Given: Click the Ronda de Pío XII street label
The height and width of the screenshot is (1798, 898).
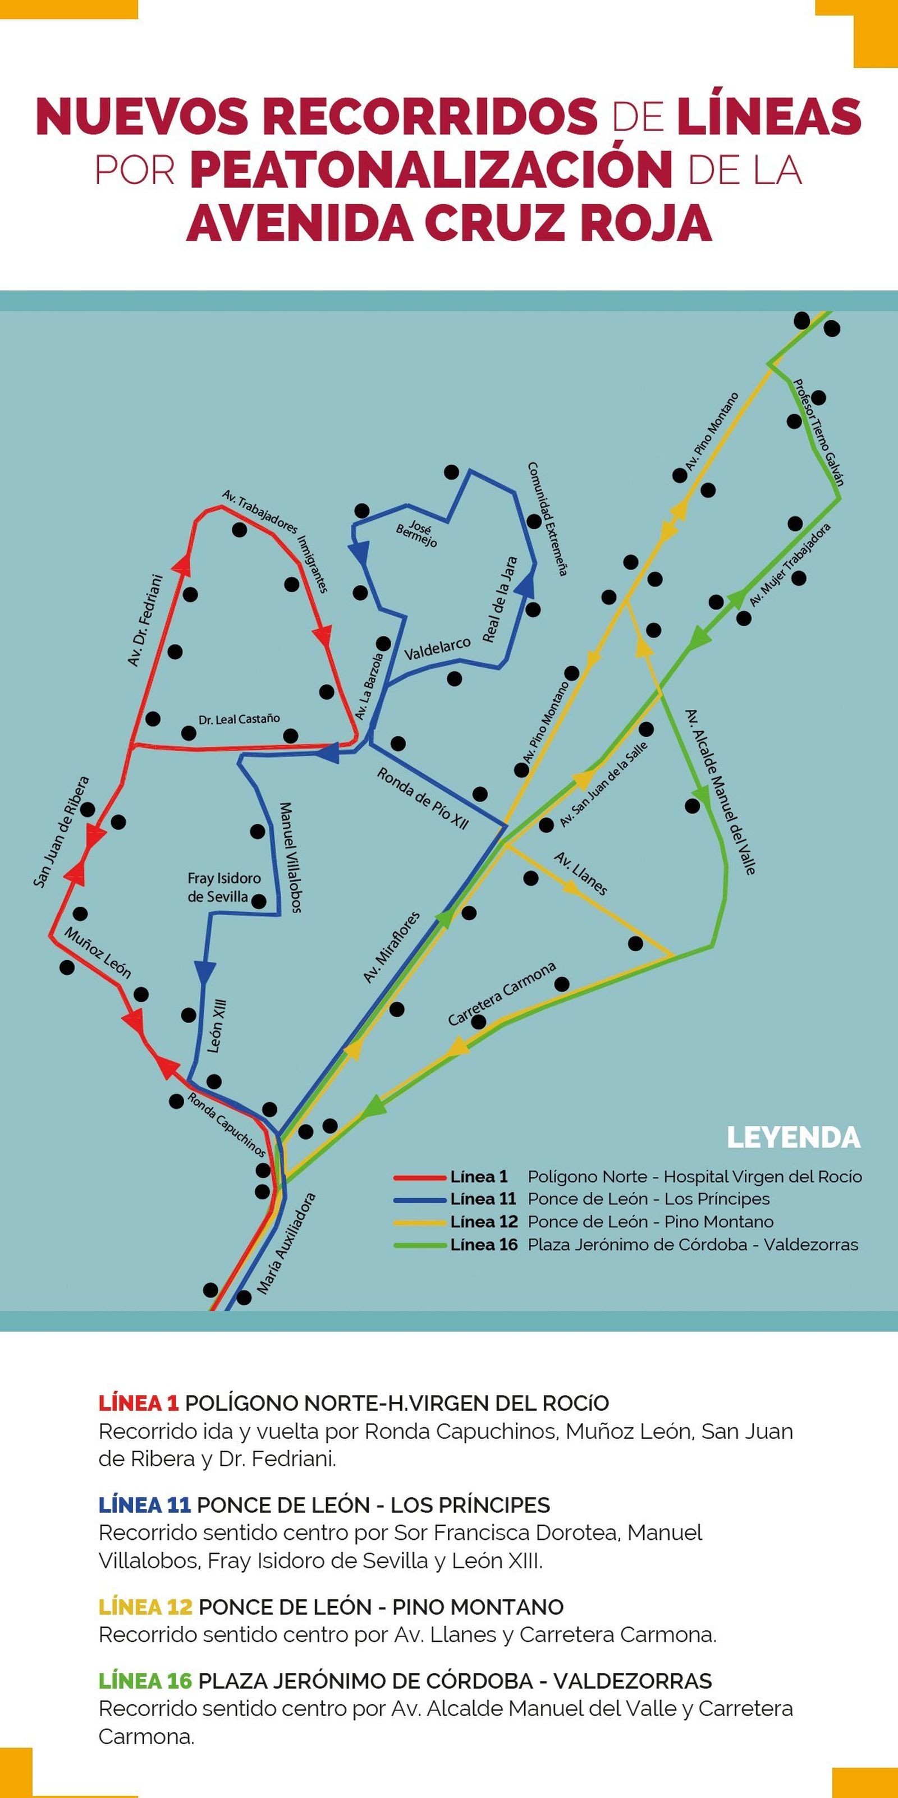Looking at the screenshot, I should click(423, 798).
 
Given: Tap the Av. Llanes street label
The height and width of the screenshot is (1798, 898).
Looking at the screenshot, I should click(580, 873).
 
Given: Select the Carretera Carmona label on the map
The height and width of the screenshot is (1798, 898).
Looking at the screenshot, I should click(502, 994).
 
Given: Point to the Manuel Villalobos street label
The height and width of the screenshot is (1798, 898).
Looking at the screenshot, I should click(290, 858).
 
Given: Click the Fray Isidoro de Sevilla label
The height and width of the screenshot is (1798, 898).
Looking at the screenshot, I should click(223, 887).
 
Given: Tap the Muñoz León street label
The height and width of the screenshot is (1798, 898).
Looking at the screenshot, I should click(98, 953).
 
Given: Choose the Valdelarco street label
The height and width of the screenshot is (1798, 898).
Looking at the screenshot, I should click(438, 649).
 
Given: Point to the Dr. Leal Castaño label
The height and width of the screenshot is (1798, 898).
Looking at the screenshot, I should click(239, 719).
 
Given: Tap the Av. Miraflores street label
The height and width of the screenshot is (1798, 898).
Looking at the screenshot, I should click(392, 947).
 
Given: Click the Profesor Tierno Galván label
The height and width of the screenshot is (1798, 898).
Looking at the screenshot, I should click(818, 433).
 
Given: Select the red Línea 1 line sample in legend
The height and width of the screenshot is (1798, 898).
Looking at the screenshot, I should click(420, 1177).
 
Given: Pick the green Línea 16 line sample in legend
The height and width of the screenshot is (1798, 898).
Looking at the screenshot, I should click(420, 1245).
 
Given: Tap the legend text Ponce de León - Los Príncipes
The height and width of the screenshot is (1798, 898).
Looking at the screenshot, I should click(649, 1199).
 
